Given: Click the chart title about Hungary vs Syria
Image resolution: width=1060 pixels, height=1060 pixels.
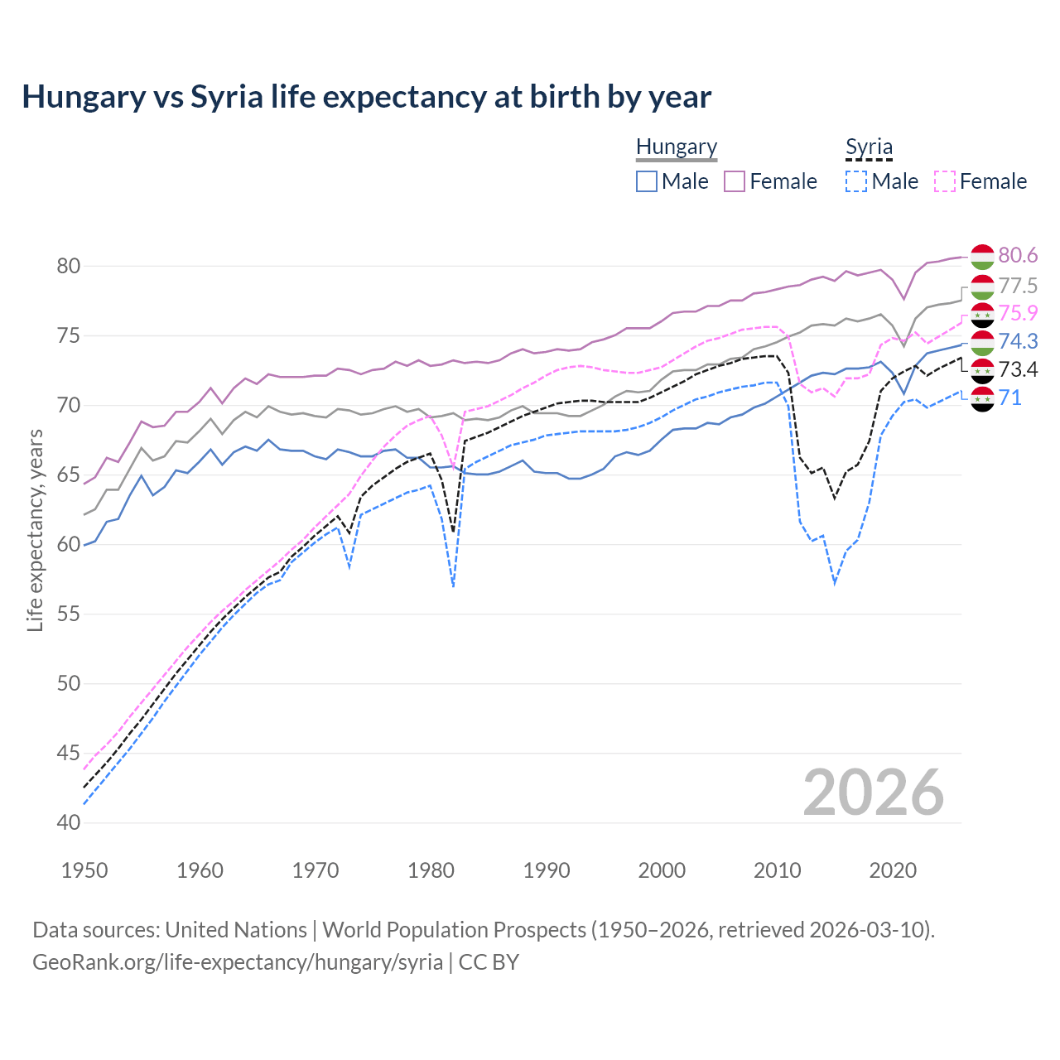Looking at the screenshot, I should click(x=366, y=97).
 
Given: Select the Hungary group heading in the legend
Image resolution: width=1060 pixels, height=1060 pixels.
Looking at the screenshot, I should click(x=676, y=147).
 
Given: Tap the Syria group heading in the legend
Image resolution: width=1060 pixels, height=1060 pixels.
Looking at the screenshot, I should click(x=869, y=147).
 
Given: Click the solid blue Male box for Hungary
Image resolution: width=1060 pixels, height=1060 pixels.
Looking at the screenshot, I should click(x=647, y=181).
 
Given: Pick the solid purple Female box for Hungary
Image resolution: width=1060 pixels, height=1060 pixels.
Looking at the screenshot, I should click(x=735, y=181).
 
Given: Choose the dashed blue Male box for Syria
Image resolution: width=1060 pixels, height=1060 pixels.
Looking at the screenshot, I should click(x=856, y=181).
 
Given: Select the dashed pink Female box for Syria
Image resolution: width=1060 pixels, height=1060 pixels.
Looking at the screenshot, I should click(x=945, y=181).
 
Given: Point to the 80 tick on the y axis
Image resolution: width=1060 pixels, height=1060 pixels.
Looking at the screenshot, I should click(x=68, y=266).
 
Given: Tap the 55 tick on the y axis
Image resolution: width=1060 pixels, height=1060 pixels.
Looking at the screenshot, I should click(x=68, y=614).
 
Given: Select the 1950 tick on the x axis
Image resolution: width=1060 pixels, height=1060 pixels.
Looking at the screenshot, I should click(x=84, y=870).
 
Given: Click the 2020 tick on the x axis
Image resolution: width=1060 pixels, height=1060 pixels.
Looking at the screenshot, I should click(x=893, y=870).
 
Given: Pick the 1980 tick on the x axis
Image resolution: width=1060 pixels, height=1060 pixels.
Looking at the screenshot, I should click(x=431, y=870).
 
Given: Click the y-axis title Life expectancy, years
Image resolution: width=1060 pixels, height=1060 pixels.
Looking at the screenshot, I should click(x=35, y=530).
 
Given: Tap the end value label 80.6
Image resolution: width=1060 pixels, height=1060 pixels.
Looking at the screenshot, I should click(x=1018, y=256).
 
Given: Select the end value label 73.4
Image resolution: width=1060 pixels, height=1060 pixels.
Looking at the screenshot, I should click(x=1018, y=369).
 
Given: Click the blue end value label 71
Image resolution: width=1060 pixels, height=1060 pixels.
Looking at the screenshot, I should click(x=1009, y=398).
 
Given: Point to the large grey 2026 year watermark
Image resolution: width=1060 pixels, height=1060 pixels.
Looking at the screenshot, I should click(x=873, y=793).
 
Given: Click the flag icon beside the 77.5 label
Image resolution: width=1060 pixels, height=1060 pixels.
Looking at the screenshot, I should click(x=982, y=287).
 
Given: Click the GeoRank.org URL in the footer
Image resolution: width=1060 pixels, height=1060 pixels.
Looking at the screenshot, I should click(x=237, y=962).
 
